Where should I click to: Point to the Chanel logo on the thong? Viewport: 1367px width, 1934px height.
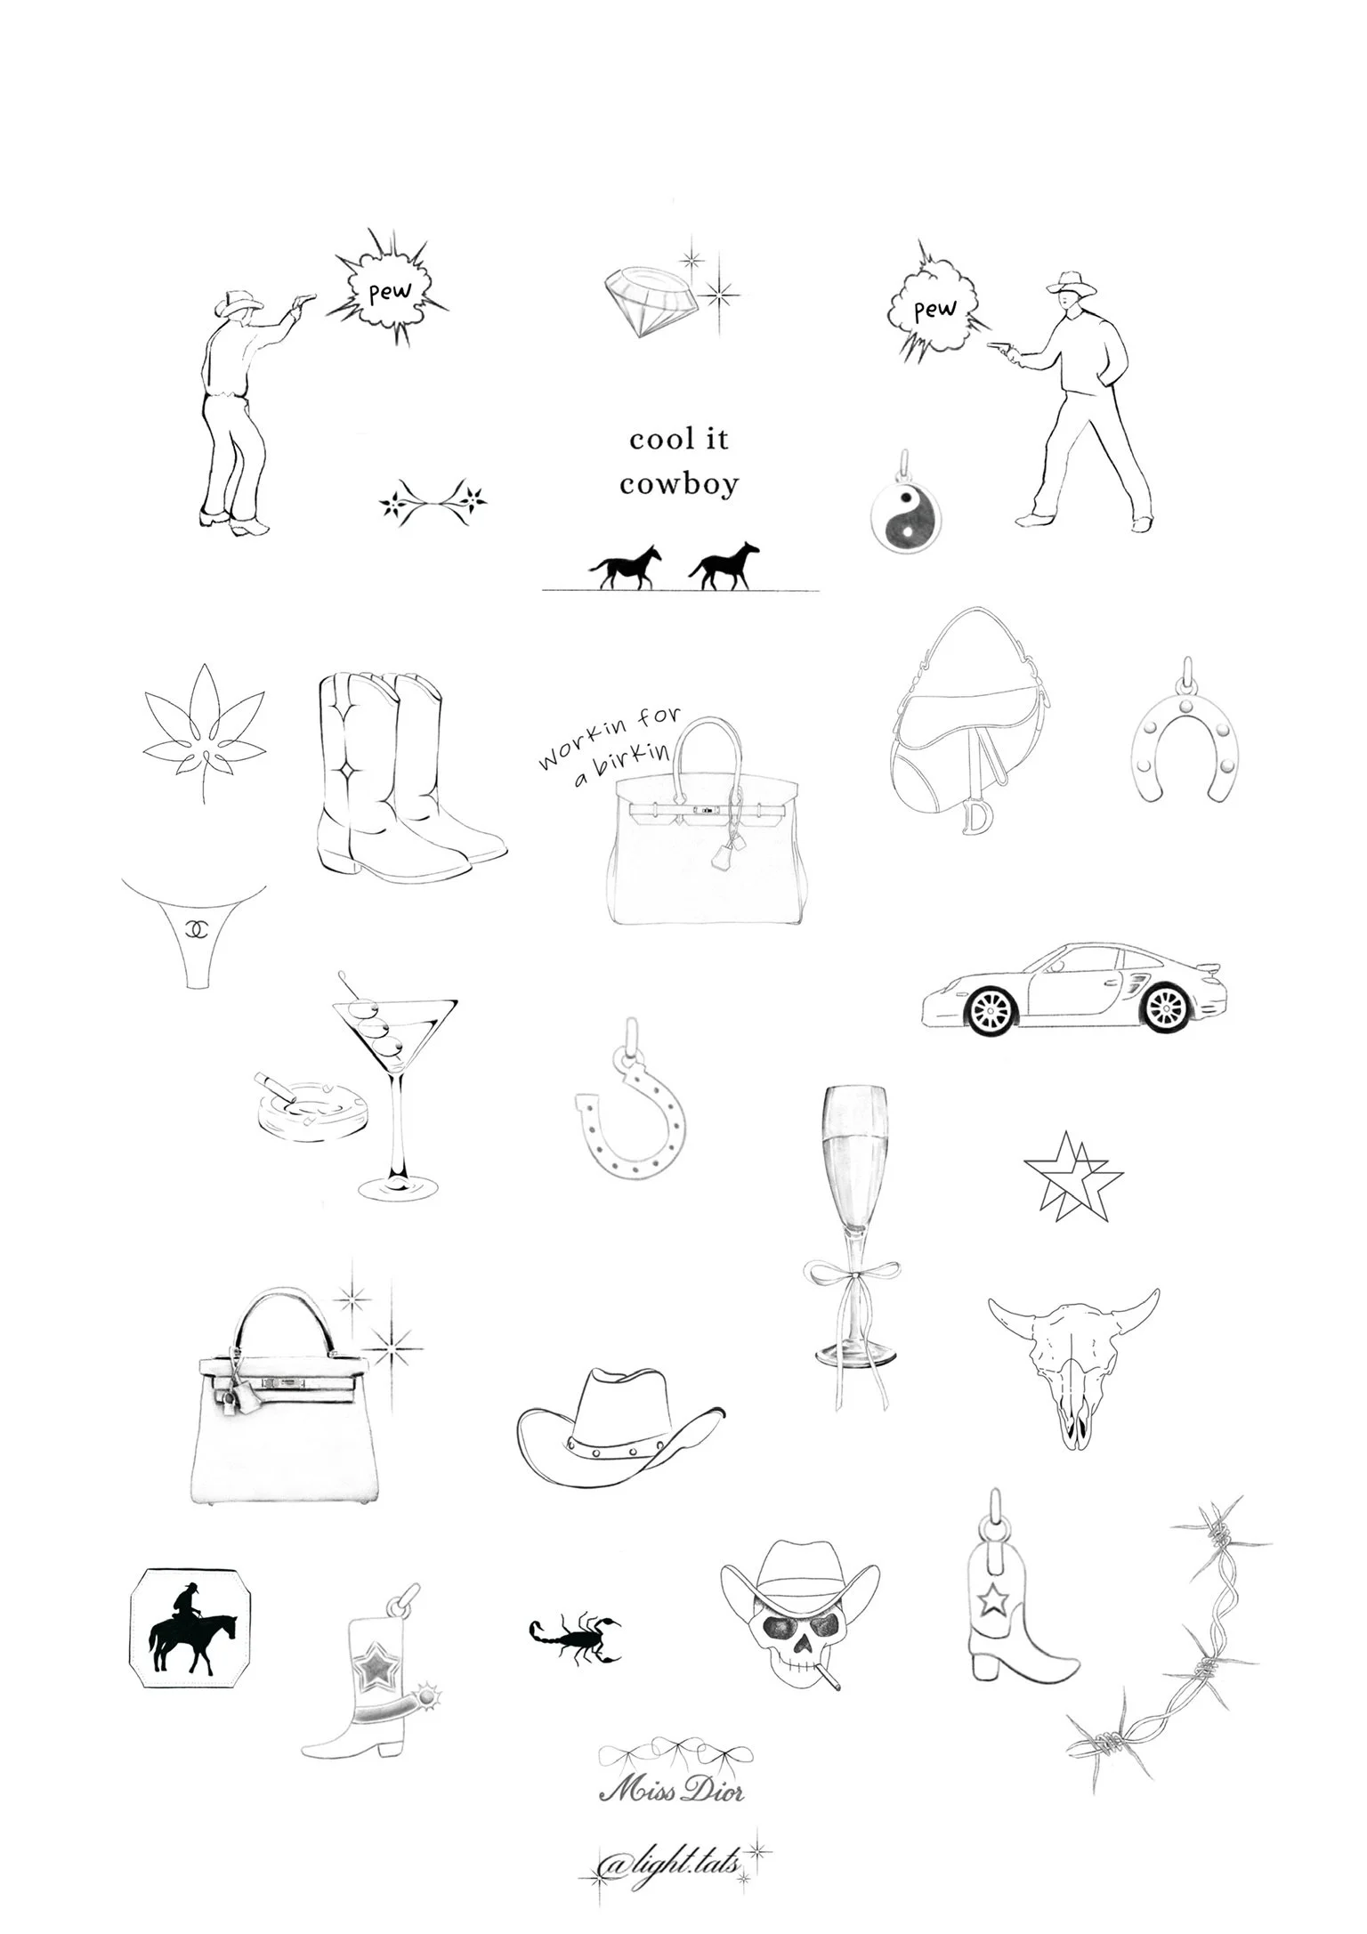point(195,928)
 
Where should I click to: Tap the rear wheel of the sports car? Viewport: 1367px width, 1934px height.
point(1168,1008)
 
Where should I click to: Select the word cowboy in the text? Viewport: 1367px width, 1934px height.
point(679,485)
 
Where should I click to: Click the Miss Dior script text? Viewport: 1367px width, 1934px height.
point(671,1791)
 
